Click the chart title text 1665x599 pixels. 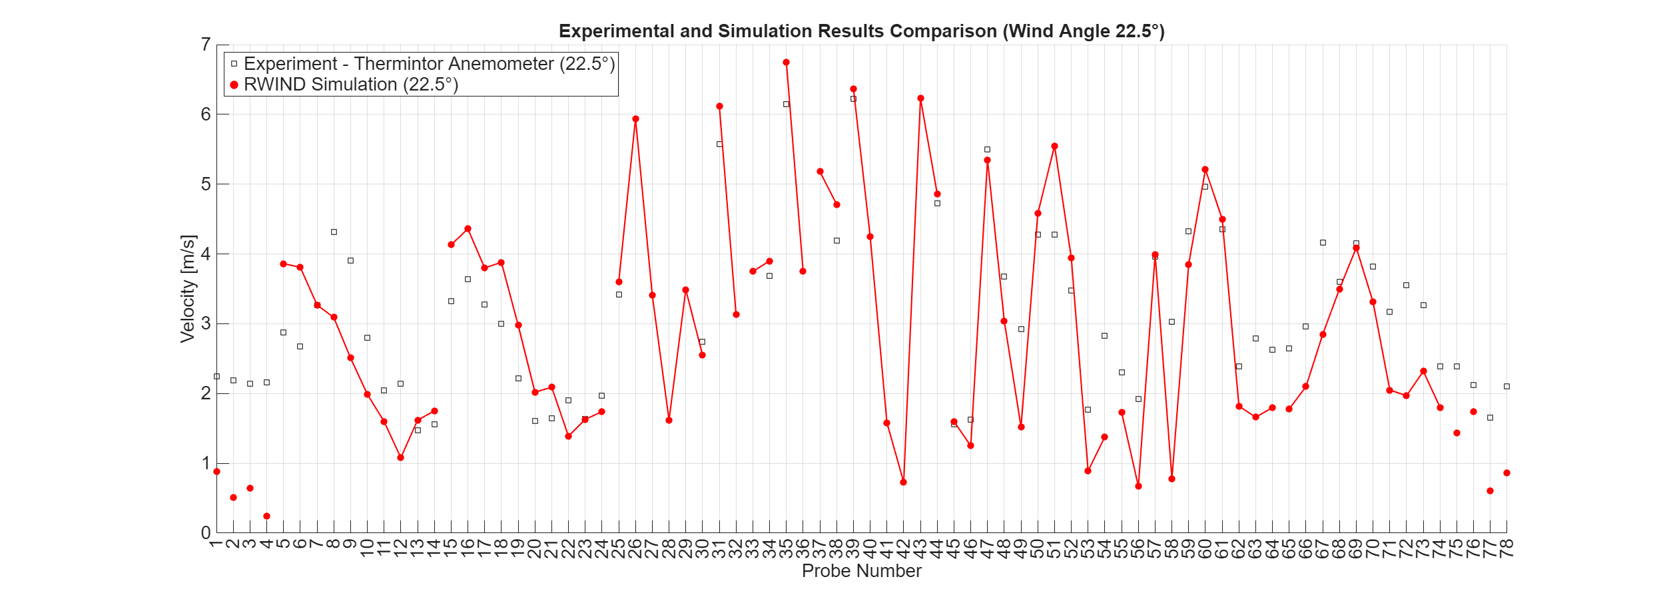(861, 31)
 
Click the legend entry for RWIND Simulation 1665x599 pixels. (351, 85)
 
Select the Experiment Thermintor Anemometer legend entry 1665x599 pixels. (429, 64)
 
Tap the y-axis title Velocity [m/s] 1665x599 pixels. (188, 288)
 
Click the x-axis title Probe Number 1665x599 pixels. (861, 571)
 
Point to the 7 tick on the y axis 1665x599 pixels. (206, 45)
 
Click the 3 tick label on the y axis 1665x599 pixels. (206, 323)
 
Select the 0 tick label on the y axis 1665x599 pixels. (206, 532)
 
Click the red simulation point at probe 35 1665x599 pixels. (786, 62)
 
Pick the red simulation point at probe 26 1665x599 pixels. (635, 119)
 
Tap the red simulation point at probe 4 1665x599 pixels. (266, 516)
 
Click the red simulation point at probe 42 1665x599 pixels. (903, 482)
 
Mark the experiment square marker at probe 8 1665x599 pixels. (334, 232)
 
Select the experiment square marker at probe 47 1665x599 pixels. (987, 149)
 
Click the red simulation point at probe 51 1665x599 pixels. (1054, 146)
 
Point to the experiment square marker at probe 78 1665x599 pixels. (1506, 386)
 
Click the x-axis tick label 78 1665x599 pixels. (1506, 548)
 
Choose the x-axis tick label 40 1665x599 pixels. (870, 548)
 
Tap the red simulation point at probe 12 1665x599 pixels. (400, 457)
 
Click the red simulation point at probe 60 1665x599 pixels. (1205, 169)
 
